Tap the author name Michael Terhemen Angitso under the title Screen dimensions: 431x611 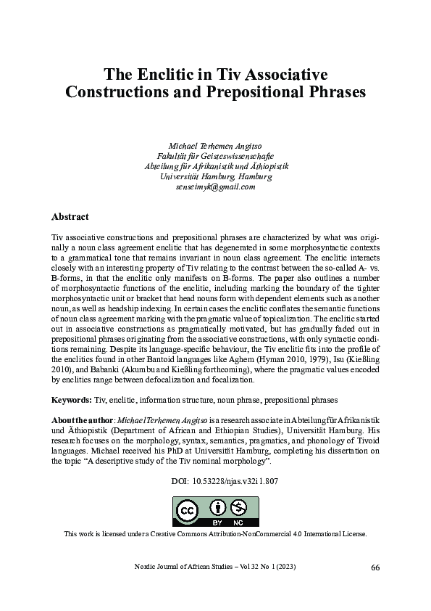(215, 144)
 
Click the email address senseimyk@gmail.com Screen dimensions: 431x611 (215, 187)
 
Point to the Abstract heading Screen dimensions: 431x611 (70, 216)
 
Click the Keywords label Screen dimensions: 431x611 (72, 400)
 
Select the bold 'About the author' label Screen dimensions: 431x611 (79, 422)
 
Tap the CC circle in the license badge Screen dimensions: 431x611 (188, 511)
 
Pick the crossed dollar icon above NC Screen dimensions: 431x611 (238, 507)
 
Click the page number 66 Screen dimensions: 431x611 (374, 567)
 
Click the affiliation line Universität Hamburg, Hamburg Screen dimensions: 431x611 (215, 176)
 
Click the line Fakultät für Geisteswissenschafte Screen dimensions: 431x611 (215, 155)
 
